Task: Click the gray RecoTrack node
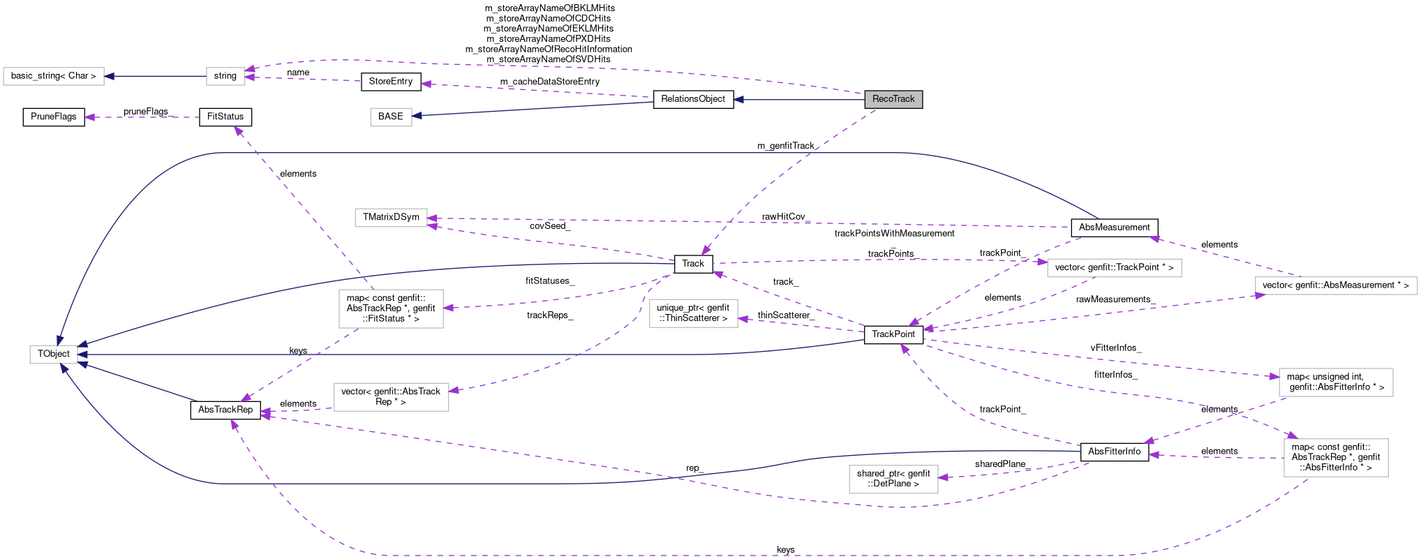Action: click(893, 99)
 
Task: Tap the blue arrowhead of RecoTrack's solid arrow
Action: click(738, 100)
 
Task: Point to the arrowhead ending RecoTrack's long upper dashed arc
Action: click(249, 69)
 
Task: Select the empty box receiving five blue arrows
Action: click(54, 355)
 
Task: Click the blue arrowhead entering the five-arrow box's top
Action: click(60, 341)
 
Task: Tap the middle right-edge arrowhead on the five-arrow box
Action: click(82, 355)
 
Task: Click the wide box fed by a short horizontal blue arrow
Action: click(54, 76)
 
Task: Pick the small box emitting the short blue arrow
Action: click(225, 76)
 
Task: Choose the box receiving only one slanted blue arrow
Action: click(391, 117)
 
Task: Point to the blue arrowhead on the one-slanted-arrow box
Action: click(417, 116)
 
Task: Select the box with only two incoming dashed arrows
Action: click(391, 218)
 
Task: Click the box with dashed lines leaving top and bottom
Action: click(391, 308)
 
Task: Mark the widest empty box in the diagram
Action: click(1336, 285)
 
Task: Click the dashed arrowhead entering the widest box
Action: click(1260, 296)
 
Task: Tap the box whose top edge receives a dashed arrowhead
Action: click(1336, 458)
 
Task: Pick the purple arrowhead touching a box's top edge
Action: click(1293, 435)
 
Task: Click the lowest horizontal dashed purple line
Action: click(698, 556)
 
